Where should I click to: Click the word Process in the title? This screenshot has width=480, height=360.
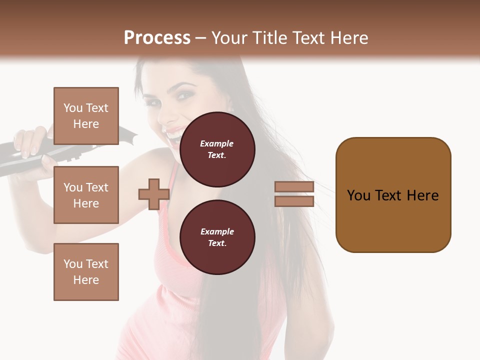click(x=157, y=38)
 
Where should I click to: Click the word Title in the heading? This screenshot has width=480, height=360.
click(x=268, y=38)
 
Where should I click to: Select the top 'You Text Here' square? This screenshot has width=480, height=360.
click(x=86, y=116)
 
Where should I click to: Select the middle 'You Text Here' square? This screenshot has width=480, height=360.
click(x=86, y=195)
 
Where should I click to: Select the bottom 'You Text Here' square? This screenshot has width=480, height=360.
click(x=86, y=271)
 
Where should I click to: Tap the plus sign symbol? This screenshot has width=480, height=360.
click(x=153, y=194)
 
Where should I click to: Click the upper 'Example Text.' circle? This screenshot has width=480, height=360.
click(x=217, y=149)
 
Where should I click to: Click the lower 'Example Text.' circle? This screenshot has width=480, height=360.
click(x=217, y=237)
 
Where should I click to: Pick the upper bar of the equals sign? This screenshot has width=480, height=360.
click(x=294, y=186)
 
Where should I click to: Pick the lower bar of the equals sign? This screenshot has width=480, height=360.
click(x=294, y=201)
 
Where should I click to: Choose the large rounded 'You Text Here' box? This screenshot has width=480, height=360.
click(x=393, y=195)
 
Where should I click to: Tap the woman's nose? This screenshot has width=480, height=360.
click(x=174, y=111)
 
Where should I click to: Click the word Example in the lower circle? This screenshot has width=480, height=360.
click(x=217, y=231)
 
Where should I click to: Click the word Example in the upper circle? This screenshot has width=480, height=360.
click(x=217, y=143)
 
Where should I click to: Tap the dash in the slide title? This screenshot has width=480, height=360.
click(x=201, y=38)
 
